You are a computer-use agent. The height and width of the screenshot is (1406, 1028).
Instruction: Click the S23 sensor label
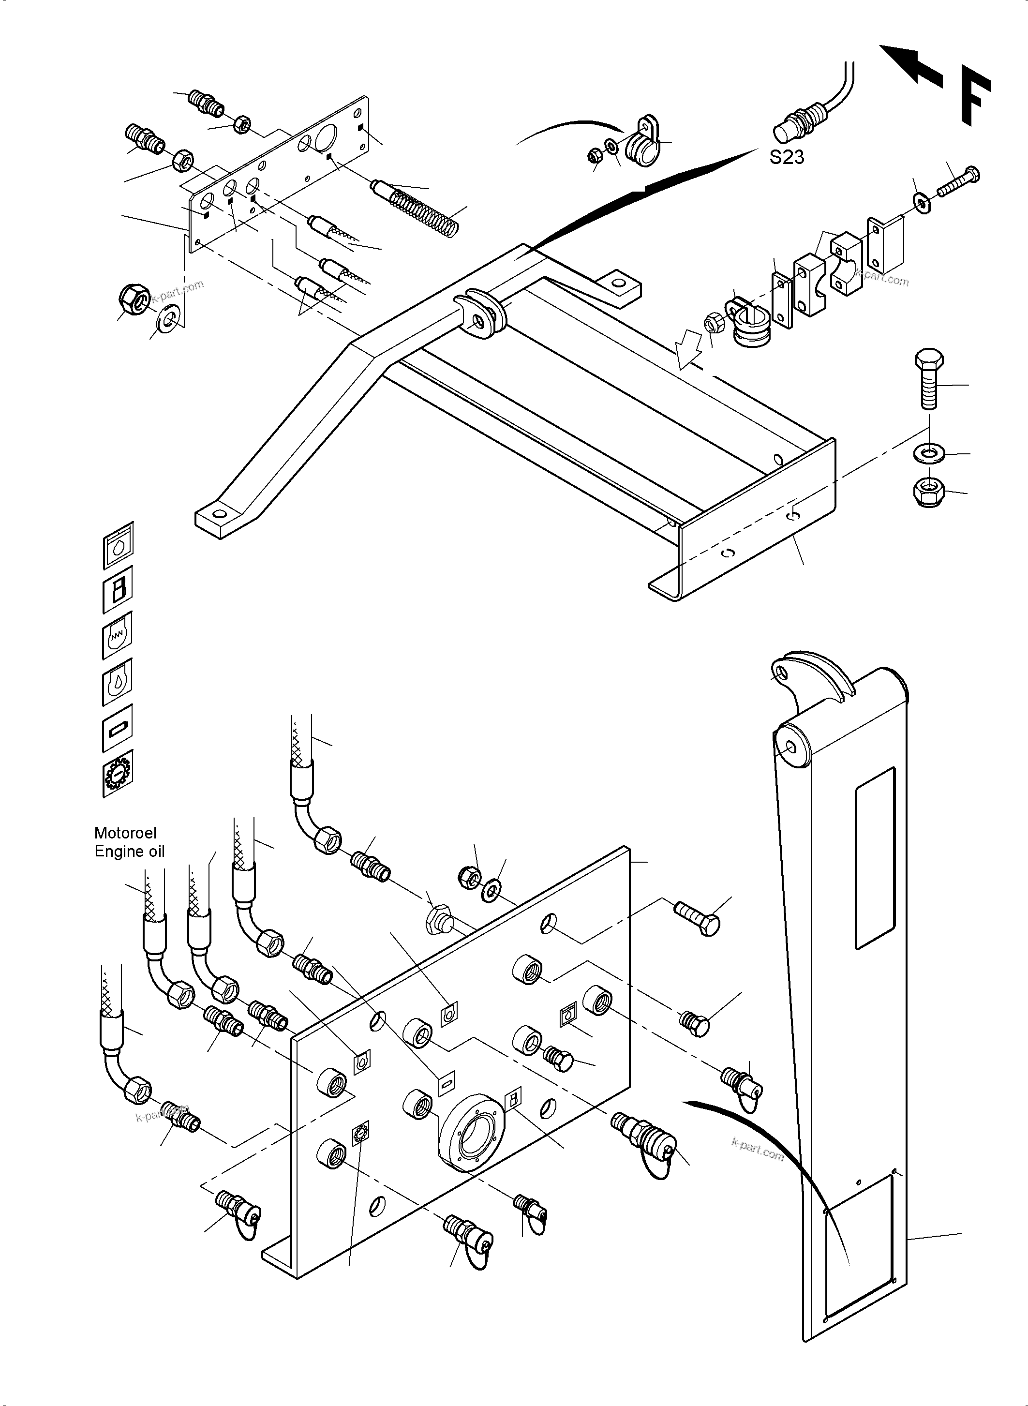[x=787, y=157]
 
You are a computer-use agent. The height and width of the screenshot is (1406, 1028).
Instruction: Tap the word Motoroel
[x=125, y=833]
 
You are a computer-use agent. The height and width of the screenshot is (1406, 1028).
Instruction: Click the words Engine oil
[x=130, y=852]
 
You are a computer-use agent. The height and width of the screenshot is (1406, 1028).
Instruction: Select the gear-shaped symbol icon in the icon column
[x=118, y=774]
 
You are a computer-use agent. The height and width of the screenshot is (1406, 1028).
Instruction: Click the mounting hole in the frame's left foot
[x=219, y=514]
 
